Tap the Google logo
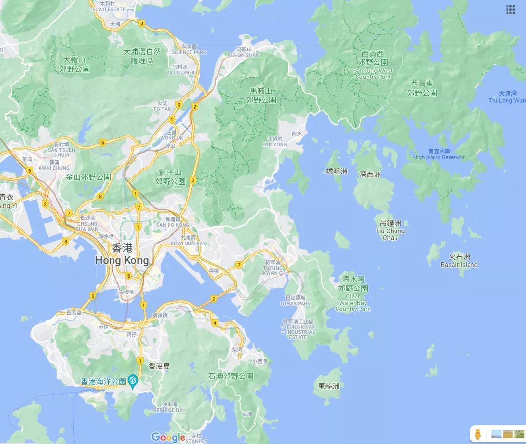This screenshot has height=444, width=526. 168,437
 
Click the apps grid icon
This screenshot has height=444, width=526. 510,10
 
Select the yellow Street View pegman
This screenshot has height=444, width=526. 478,434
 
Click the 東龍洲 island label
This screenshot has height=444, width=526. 329,386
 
